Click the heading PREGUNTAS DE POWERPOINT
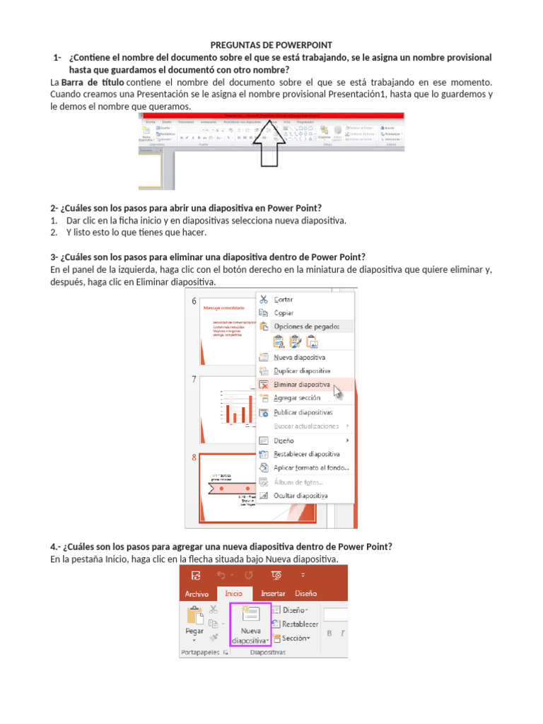pos(271,45)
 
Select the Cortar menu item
pos(284,299)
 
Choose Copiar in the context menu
pos(283,313)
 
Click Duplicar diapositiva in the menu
pos(302,370)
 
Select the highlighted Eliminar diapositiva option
pos(302,385)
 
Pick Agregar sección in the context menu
pos(297,398)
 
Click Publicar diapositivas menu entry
pos(303,412)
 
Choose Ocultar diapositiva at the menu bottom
pos(300,496)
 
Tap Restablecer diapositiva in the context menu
pos(306,454)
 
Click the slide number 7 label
pos(194,380)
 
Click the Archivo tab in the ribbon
pos(197,594)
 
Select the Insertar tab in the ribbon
pos(273,594)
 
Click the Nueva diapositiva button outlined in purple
pos(251,624)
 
